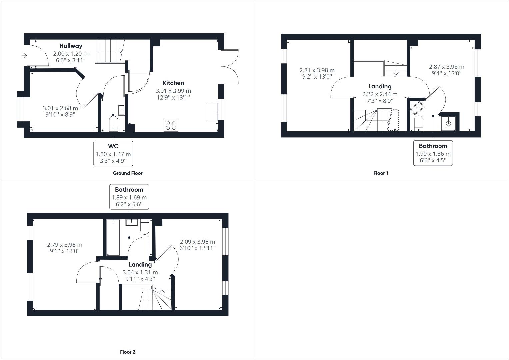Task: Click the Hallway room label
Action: [x=71, y=46]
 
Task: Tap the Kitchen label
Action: [x=173, y=83]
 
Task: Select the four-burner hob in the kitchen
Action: [x=171, y=125]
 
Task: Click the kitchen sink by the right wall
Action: [x=212, y=112]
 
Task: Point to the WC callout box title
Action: [x=113, y=146]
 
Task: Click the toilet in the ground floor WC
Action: [x=113, y=124]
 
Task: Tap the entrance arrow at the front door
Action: [x=24, y=56]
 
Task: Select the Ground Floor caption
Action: [x=128, y=173]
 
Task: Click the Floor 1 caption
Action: [x=381, y=173]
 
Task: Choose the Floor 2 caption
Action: [x=128, y=352]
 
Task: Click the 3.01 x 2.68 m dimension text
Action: [x=60, y=108]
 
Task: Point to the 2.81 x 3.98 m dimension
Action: [x=317, y=70]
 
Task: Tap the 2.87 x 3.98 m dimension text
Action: [x=447, y=67]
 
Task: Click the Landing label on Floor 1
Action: [x=380, y=86]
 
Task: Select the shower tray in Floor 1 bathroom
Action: [x=448, y=123]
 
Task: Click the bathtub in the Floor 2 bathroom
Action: [x=113, y=237]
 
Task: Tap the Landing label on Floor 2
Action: [x=140, y=265]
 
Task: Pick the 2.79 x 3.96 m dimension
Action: [x=65, y=245]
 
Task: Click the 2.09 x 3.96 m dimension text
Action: [x=198, y=242]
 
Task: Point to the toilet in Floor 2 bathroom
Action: [x=145, y=226]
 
